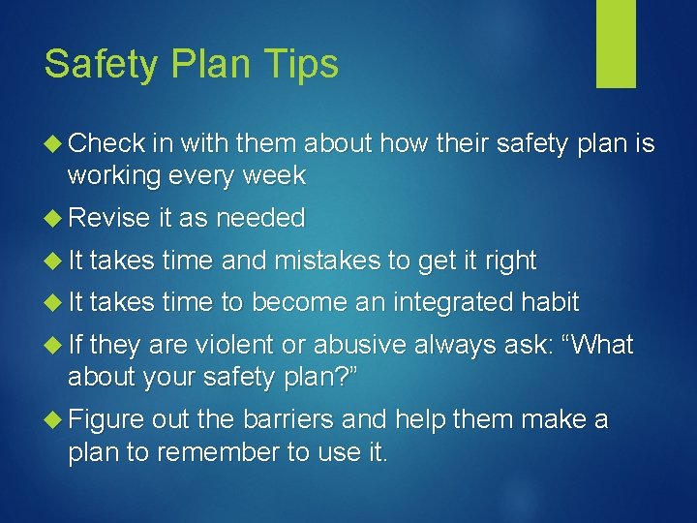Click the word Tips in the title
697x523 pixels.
point(302,64)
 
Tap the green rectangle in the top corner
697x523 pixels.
point(616,44)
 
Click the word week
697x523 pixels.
point(276,175)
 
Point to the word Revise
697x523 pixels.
point(108,218)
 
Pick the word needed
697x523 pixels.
point(260,218)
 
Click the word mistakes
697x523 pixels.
point(331,261)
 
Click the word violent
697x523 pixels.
point(228,345)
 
